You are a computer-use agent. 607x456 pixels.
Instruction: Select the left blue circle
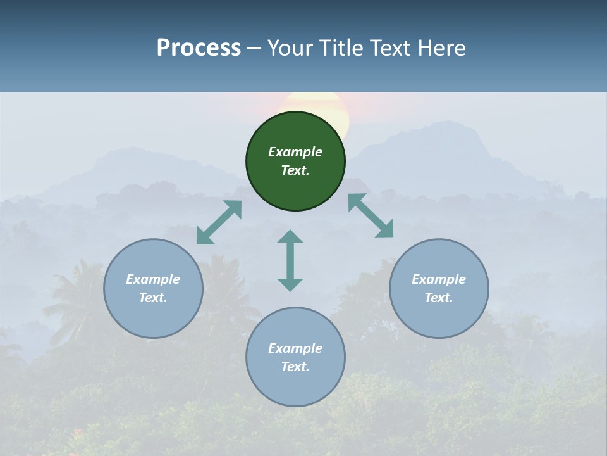pos(153,288)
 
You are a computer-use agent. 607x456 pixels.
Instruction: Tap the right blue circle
pos(439,288)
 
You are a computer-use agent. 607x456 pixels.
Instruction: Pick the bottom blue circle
pos(295,357)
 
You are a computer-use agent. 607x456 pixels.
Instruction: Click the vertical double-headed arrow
pos(290,260)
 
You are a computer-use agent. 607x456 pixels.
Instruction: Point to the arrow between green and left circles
pos(219,222)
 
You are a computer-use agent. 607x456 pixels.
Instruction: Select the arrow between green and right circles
pos(371,215)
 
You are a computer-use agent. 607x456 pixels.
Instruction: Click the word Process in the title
pos(199,47)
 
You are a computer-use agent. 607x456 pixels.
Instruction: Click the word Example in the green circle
pos(295,152)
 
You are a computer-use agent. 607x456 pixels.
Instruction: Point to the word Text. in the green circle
pos(295,170)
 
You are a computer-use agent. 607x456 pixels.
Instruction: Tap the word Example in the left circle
pos(153,279)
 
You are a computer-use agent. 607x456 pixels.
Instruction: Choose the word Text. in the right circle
pos(439,298)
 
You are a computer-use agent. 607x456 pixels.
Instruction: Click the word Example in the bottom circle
pos(295,348)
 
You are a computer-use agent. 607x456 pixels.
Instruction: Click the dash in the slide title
pos(254,48)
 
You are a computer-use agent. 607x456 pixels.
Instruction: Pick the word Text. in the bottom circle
pos(295,367)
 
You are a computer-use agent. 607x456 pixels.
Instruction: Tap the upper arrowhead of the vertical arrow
pos(290,237)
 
